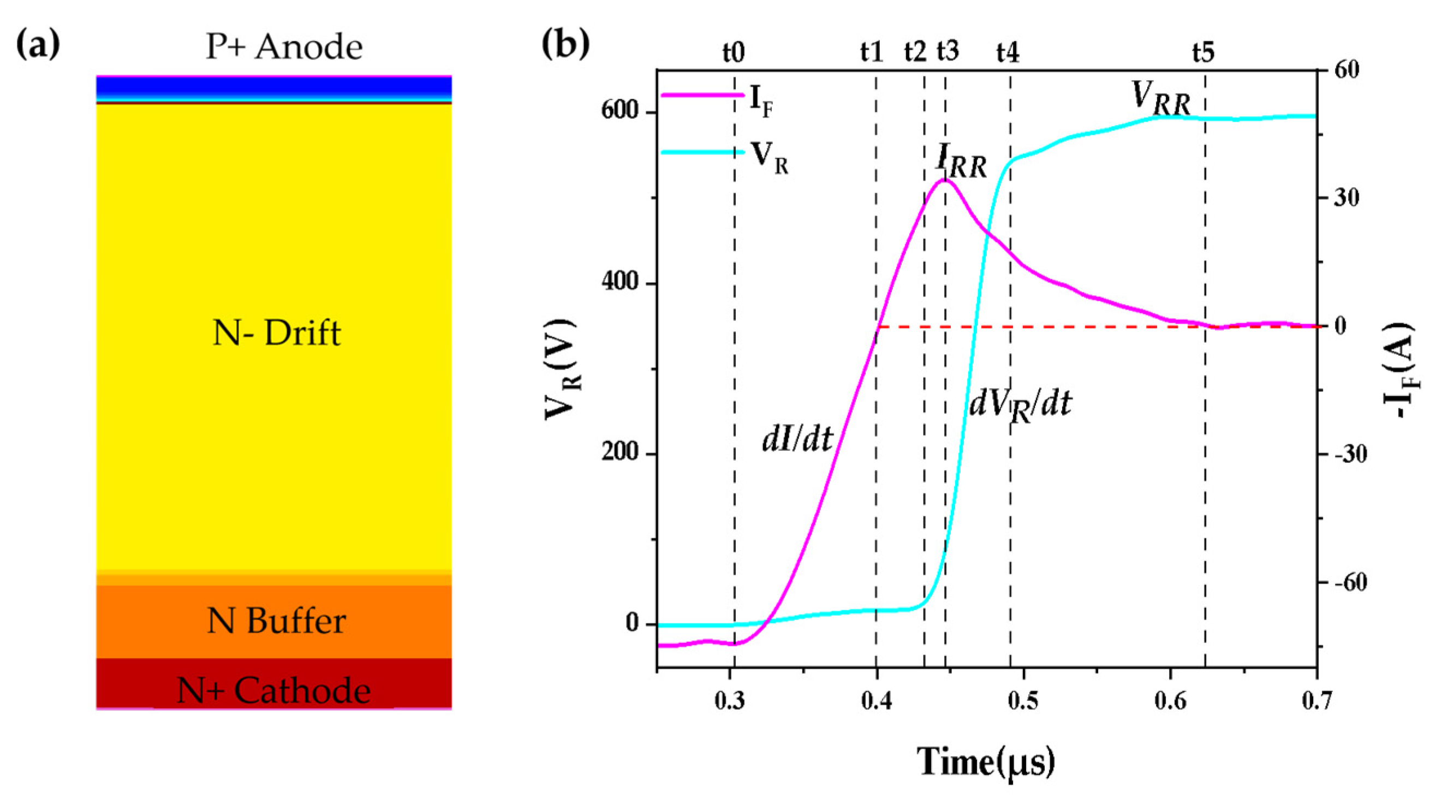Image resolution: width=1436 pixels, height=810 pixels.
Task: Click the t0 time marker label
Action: pyautogui.click(x=734, y=53)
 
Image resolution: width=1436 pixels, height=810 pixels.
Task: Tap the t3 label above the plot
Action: pyautogui.click(x=948, y=52)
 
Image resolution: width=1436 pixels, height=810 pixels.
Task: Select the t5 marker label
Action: pyautogui.click(x=1203, y=53)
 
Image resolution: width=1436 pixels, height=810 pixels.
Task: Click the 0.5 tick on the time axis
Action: pyautogui.click(x=1023, y=701)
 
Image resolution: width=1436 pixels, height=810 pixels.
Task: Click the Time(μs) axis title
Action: pyautogui.click(x=986, y=762)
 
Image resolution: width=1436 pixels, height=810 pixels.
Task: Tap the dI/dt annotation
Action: pyautogui.click(x=797, y=440)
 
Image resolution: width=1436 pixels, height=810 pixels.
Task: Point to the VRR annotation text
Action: pyautogui.click(x=1160, y=100)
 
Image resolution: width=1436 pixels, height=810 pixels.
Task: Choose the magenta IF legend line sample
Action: pyautogui.click(x=702, y=95)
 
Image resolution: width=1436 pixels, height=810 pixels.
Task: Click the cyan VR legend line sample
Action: pyautogui.click(x=702, y=152)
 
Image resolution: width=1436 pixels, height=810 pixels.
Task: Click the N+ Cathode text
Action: pyautogui.click(x=273, y=690)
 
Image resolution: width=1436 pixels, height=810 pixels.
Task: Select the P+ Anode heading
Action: pyautogui.click(x=284, y=47)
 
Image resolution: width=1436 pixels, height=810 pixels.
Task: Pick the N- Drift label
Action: pyautogui.click(x=277, y=333)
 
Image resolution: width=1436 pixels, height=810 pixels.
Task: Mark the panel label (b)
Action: pyautogui.click(x=565, y=46)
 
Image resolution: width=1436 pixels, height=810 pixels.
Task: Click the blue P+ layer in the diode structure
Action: pyautogui.click(x=273, y=87)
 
